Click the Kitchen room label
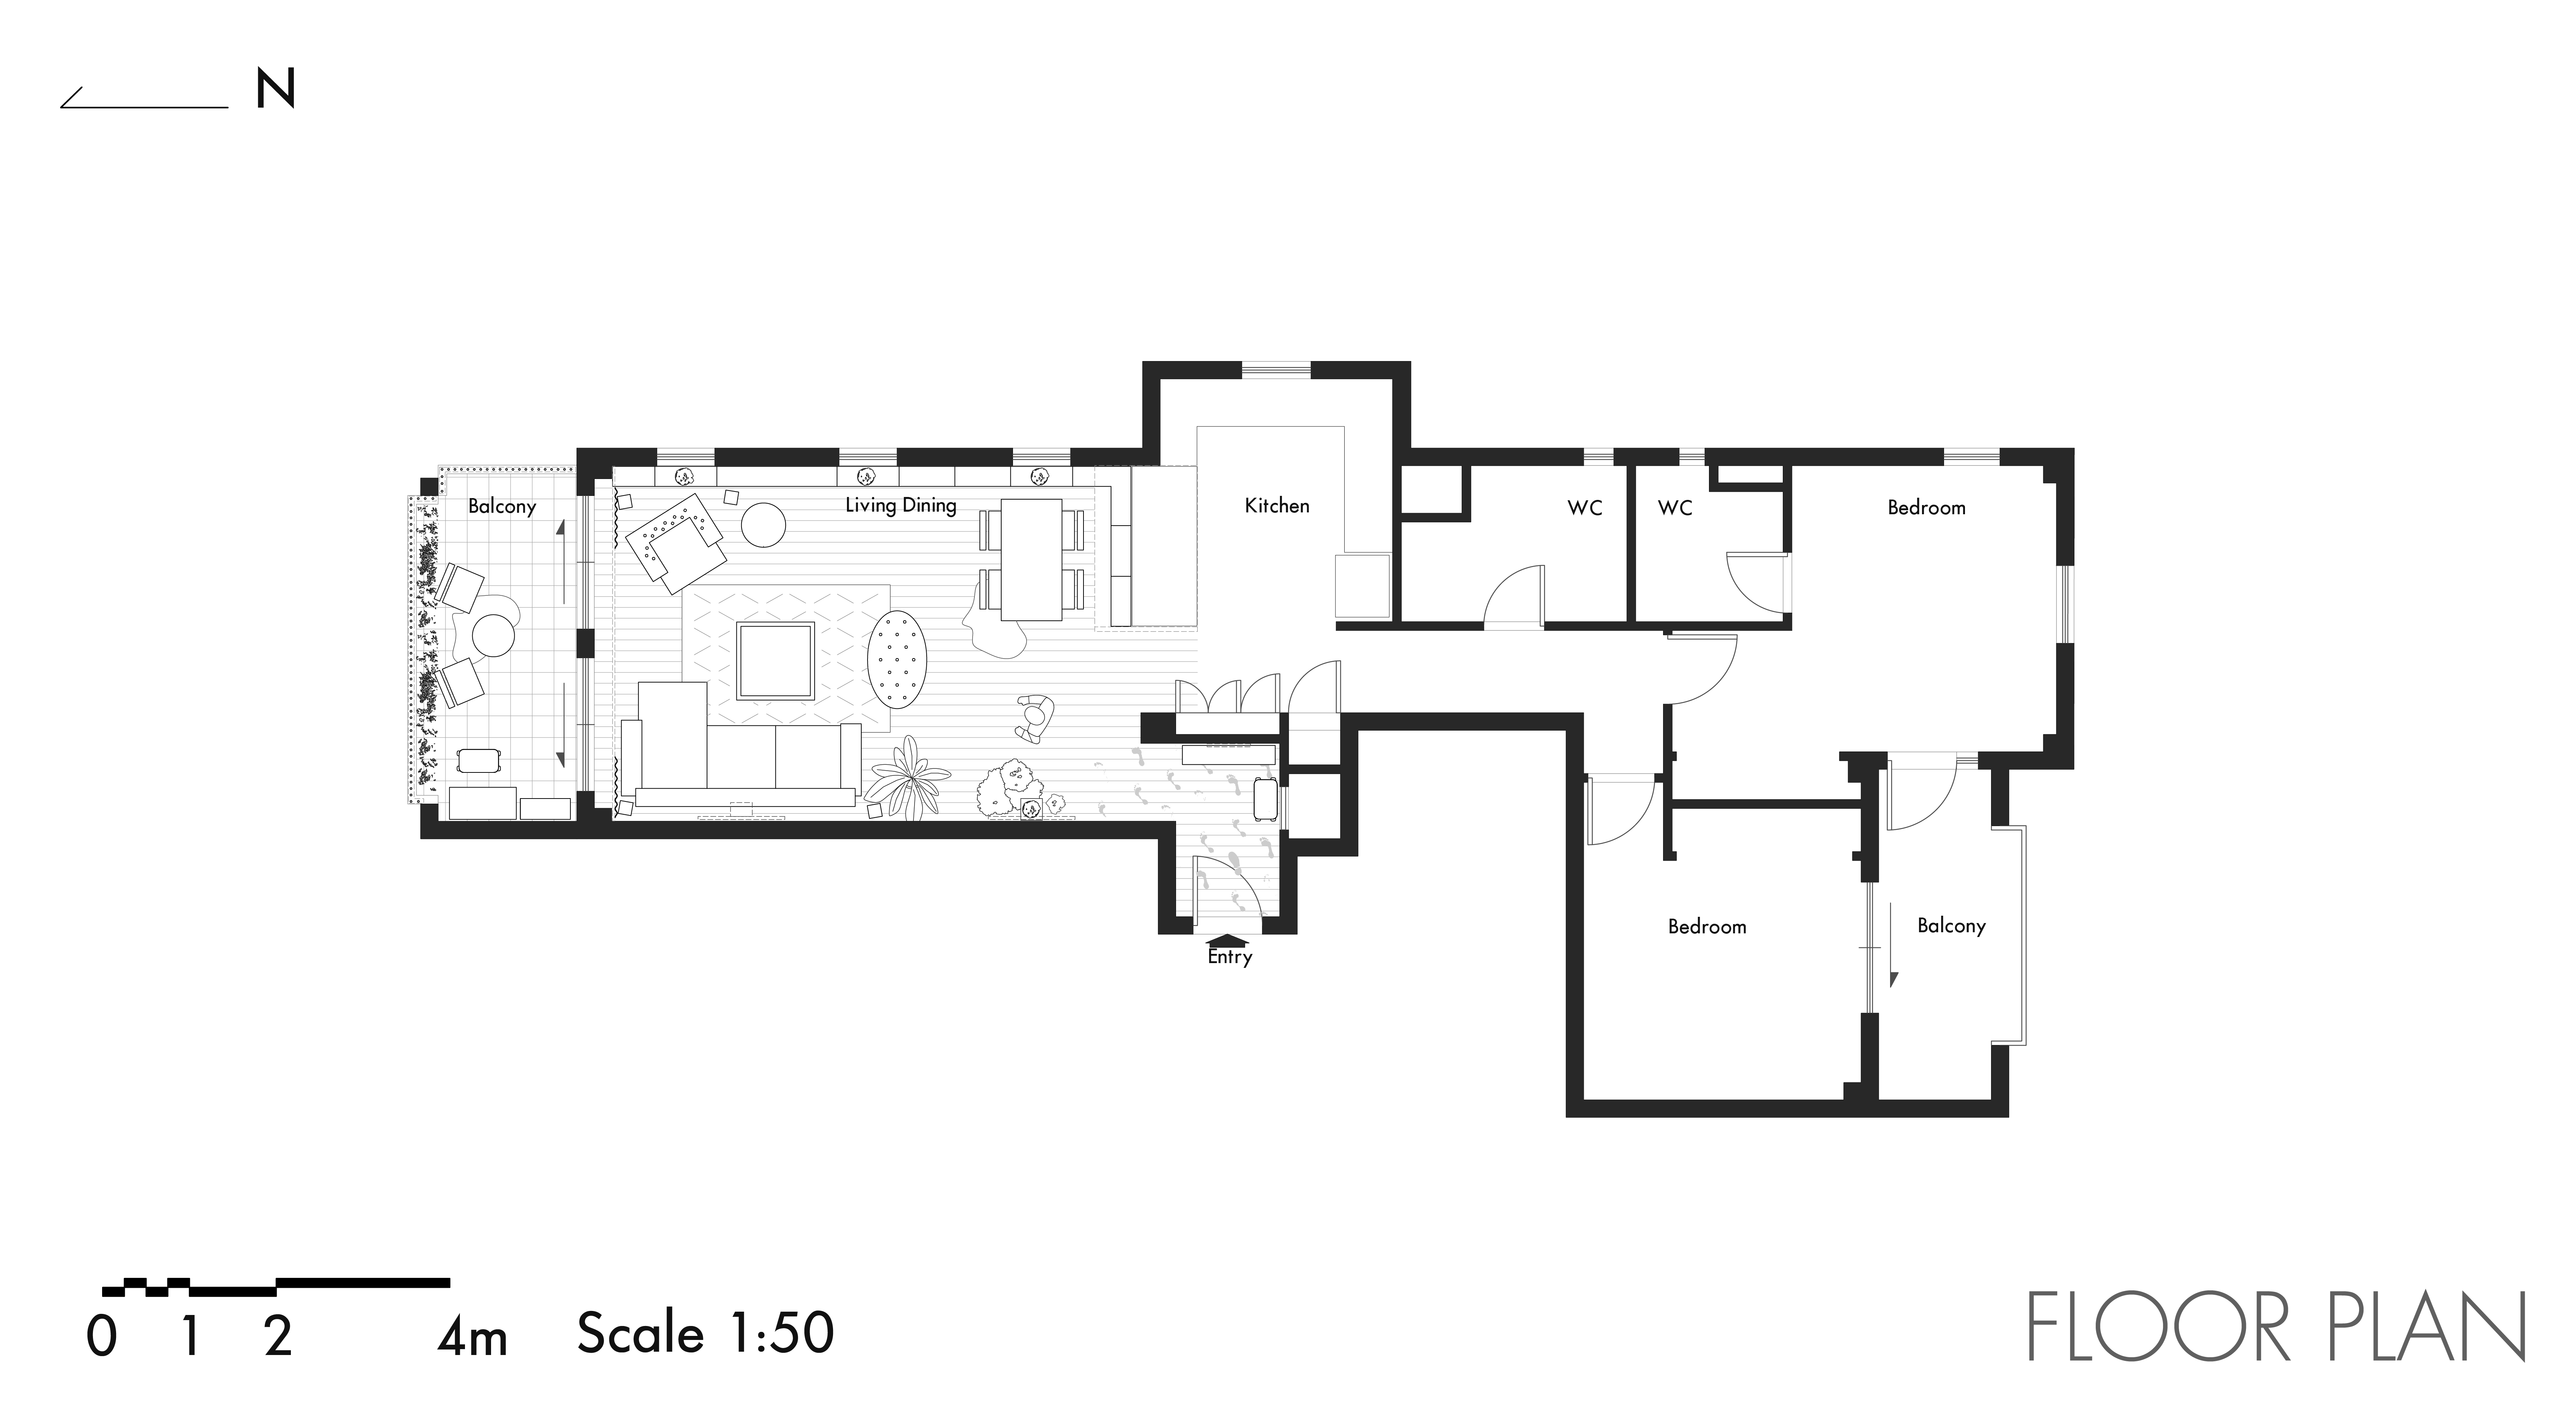(x=1277, y=506)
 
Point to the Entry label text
(x=1230, y=957)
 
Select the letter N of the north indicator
(x=275, y=90)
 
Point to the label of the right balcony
(x=1951, y=926)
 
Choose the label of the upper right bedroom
(x=1926, y=508)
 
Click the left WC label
(x=1585, y=508)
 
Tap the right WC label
(x=1675, y=508)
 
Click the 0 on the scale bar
(x=102, y=1337)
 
